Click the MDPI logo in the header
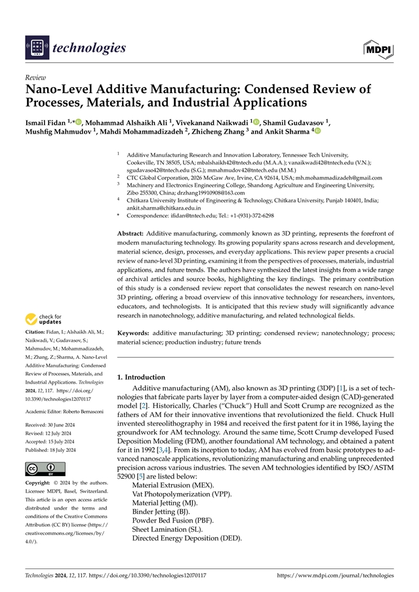click(x=378, y=47)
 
